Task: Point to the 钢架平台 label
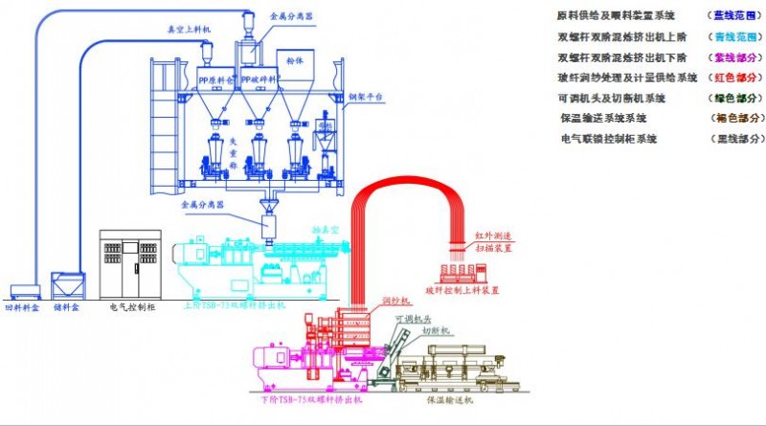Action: point(365,97)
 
